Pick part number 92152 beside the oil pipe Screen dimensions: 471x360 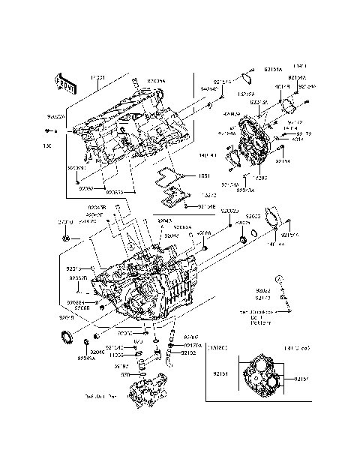(x=188, y=352)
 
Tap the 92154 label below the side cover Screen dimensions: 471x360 (x=283, y=160)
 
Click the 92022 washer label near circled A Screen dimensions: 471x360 (x=262, y=289)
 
